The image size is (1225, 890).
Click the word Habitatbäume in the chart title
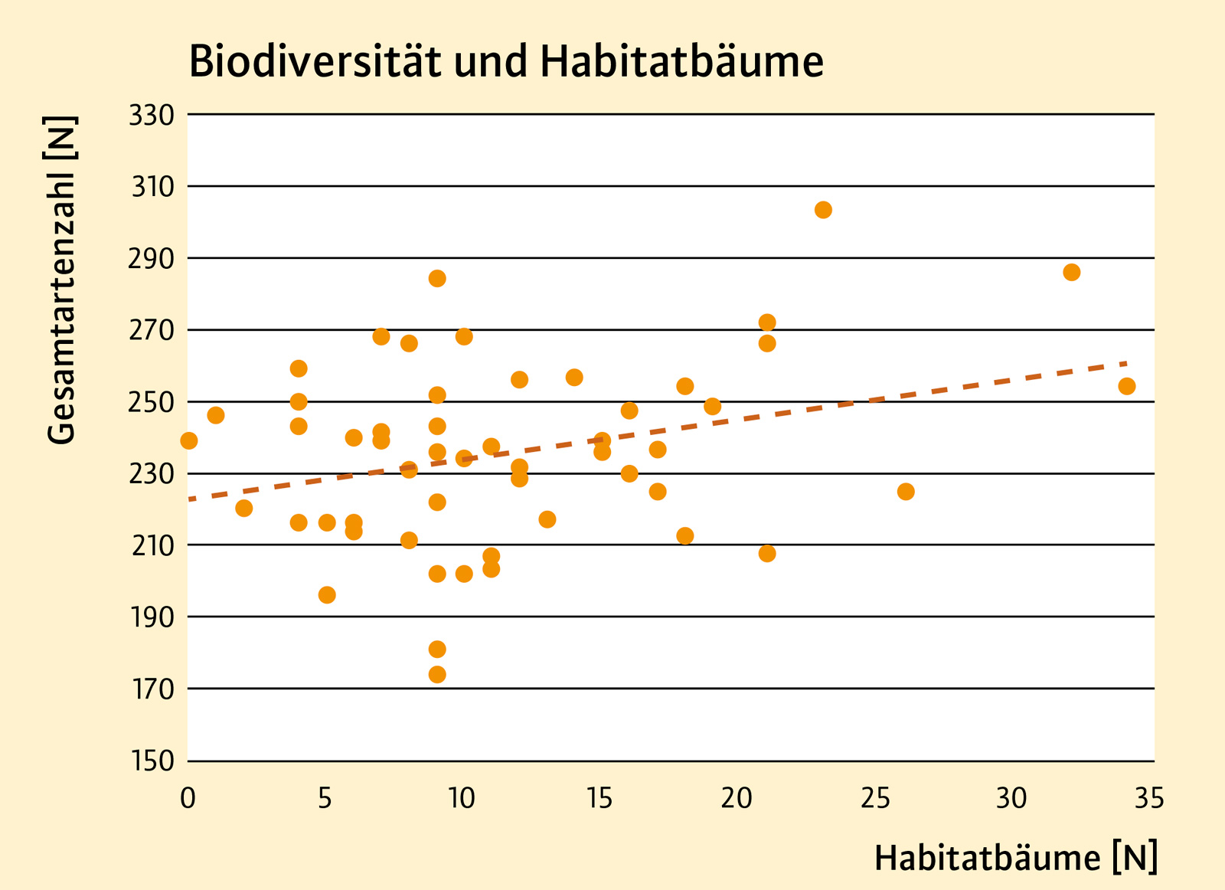(681, 61)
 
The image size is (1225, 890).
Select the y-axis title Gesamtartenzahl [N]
(61, 280)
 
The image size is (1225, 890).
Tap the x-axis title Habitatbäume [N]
(1015, 857)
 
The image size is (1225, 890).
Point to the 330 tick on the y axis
(152, 115)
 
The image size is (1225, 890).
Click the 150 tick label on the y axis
(152, 761)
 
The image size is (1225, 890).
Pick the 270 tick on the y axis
(152, 330)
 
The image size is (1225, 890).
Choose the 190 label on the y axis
(152, 617)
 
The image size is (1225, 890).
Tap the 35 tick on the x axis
(1149, 799)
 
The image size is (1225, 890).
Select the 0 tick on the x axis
(188, 799)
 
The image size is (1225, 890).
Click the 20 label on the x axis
(737, 799)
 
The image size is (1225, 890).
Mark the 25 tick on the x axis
(875, 799)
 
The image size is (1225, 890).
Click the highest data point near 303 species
(823, 210)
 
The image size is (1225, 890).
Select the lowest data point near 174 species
(437, 674)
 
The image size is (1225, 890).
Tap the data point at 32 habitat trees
(1071, 272)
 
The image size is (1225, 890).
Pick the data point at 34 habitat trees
(1126, 386)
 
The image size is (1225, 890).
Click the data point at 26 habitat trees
(906, 491)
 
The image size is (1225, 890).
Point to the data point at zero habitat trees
(189, 440)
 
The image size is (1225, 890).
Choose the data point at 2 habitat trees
(244, 508)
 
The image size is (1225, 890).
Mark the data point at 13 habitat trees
(547, 519)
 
